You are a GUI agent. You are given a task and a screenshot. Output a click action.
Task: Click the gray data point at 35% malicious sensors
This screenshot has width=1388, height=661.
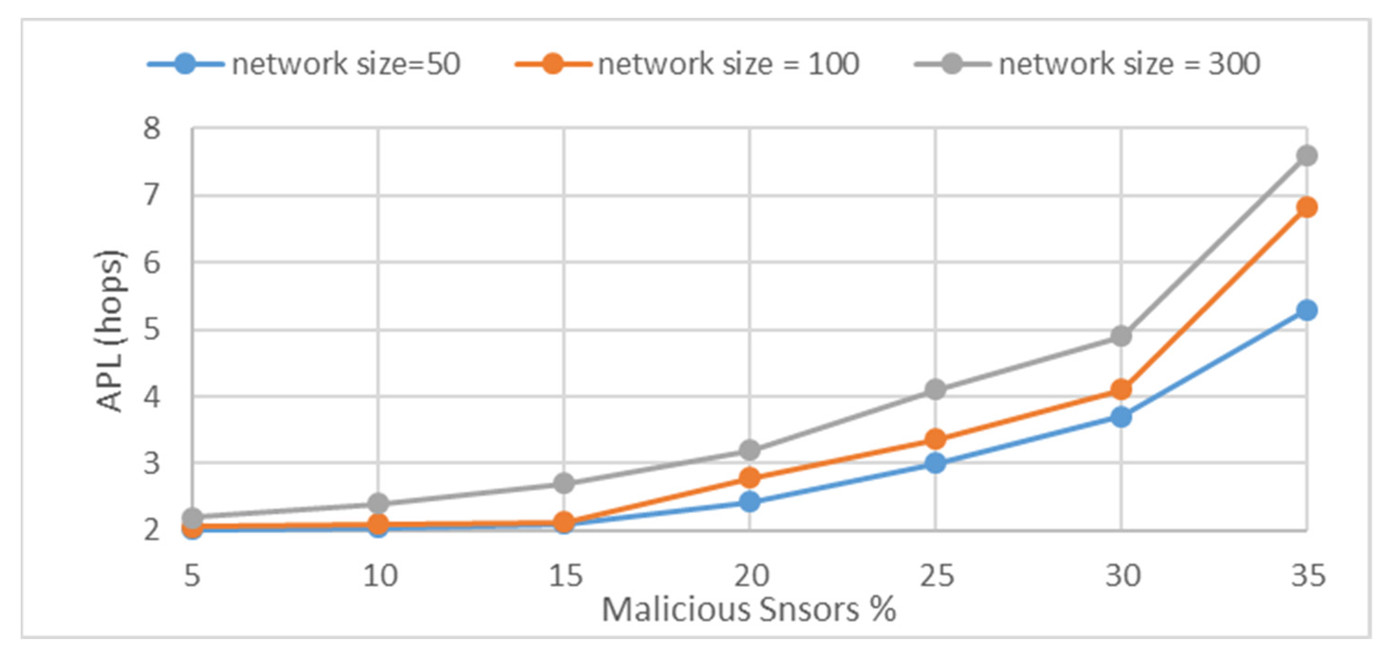(1307, 156)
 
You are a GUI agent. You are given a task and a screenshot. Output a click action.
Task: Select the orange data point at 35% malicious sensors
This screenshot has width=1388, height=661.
(1307, 207)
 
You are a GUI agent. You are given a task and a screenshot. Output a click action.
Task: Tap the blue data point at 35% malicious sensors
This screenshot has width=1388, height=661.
(1307, 310)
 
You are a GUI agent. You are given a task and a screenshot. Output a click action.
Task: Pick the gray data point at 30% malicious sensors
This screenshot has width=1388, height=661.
(1121, 336)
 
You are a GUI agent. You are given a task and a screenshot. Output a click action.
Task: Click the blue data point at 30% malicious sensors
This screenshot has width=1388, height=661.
(1121, 417)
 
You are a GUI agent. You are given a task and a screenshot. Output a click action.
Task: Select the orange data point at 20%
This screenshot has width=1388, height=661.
(749, 477)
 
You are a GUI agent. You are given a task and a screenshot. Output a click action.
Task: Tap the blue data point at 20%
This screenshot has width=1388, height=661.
(749, 502)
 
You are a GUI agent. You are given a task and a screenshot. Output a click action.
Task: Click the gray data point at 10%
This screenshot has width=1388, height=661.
(378, 504)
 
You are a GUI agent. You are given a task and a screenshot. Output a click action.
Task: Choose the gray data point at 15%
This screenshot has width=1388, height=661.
(564, 483)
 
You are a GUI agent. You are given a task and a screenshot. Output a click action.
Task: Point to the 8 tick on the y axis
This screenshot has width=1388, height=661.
(152, 129)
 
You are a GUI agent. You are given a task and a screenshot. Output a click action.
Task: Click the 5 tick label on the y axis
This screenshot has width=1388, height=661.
(152, 329)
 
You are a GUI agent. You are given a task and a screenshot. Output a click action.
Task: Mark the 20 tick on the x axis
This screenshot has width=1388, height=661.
(751, 576)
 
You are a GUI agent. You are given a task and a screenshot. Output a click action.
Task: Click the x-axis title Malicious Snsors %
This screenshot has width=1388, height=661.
(748, 610)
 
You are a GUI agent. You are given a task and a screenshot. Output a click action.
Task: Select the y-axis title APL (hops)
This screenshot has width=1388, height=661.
(110, 331)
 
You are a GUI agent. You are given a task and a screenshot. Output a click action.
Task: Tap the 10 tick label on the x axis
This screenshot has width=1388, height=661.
(380, 576)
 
